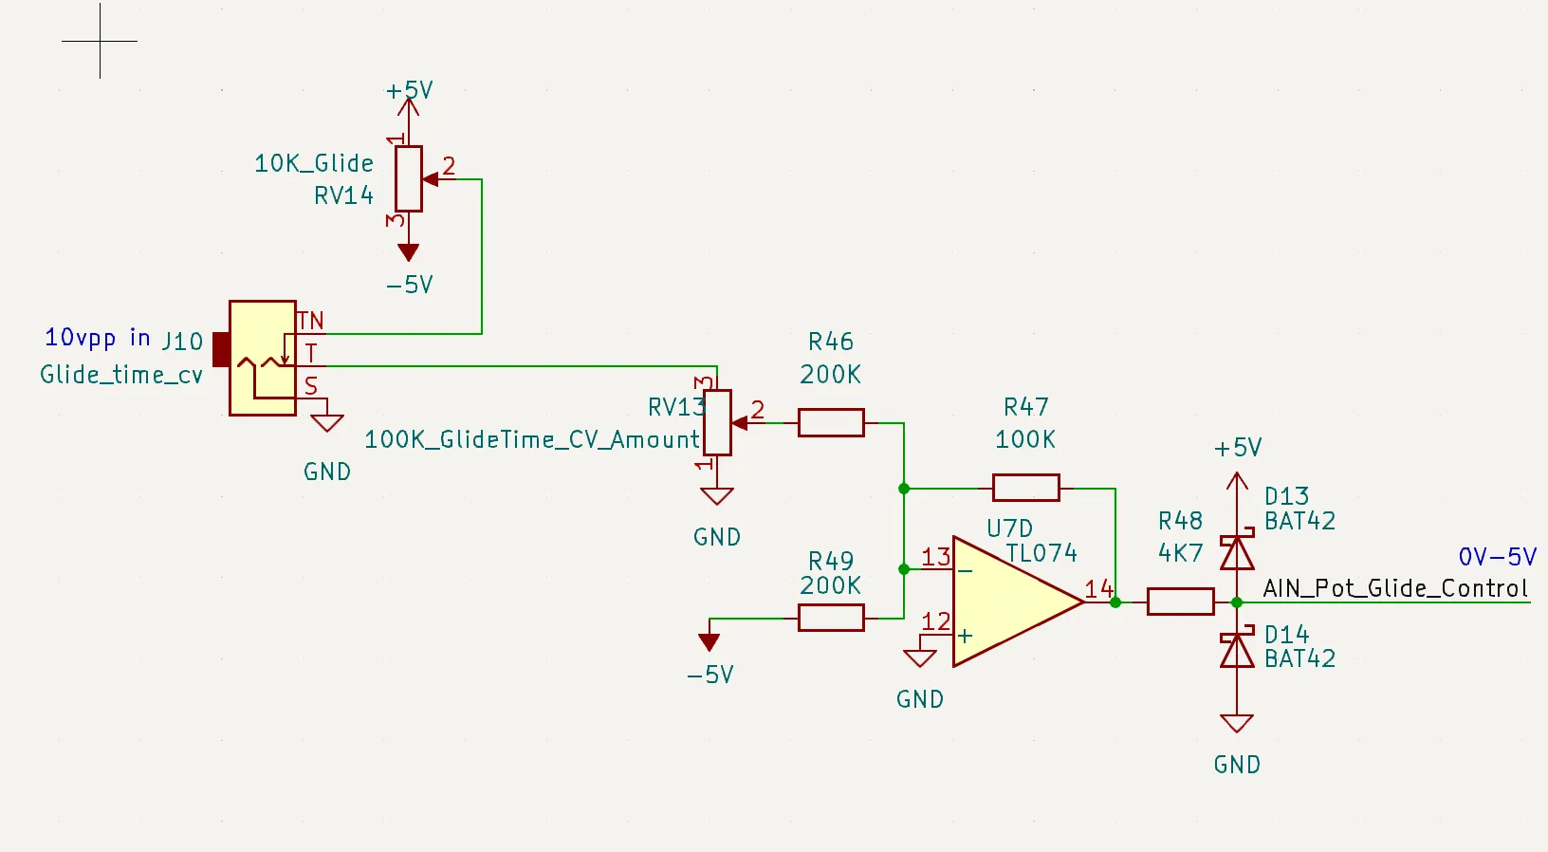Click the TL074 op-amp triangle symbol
[1010, 602]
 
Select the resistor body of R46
[831, 422]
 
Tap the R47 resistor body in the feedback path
[1025, 488]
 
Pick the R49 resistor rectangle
[831, 618]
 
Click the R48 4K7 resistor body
[1180, 602]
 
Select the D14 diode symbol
[1237, 651]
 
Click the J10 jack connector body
[262, 358]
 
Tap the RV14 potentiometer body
[409, 178]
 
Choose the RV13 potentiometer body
[717, 423]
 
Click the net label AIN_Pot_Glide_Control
[1395, 588]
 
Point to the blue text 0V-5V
[1497, 557]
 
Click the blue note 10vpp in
[97, 338]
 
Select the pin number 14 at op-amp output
[1098, 589]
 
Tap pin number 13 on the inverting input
[935, 557]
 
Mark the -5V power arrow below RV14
[409, 252]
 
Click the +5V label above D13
[1238, 448]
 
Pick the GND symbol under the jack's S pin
[327, 423]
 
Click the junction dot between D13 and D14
[1237, 602]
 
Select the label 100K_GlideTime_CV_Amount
[531, 440]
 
